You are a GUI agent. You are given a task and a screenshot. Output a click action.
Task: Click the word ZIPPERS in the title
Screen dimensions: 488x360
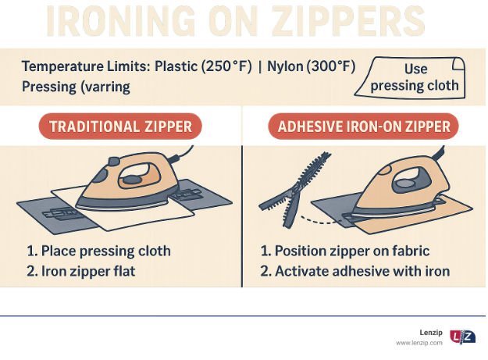click(x=348, y=20)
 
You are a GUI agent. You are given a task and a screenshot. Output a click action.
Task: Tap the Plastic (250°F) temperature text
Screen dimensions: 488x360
click(x=203, y=66)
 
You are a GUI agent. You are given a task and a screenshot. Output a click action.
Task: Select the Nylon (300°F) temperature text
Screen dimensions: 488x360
click(x=312, y=66)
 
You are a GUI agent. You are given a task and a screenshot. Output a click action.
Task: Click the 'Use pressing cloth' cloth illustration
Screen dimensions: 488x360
click(x=410, y=78)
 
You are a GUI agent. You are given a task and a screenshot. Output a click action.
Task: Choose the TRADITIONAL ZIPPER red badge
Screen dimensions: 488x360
click(x=120, y=127)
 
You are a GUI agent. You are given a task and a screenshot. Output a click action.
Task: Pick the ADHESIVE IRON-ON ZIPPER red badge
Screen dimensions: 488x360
click(x=363, y=127)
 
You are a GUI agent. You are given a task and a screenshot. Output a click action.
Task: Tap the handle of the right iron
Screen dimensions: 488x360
click(x=411, y=180)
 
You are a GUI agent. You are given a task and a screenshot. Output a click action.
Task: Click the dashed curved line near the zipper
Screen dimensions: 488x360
click(x=321, y=222)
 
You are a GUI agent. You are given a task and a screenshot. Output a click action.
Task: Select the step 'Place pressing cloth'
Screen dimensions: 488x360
click(x=98, y=251)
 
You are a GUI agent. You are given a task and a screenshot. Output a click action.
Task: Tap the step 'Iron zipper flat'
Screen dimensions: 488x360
click(x=81, y=271)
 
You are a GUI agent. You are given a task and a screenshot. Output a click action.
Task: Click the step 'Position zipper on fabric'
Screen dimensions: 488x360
click(x=345, y=251)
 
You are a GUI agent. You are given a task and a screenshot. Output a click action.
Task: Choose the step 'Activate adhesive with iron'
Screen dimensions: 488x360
click(x=355, y=271)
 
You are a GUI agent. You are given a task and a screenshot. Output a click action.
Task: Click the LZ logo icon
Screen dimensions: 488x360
click(x=462, y=337)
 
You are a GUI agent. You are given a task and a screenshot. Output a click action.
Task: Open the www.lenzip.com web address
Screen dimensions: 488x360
click(x=419, y=343)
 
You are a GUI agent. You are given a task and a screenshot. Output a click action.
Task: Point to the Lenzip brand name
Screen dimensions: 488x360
click(x=431, y=333)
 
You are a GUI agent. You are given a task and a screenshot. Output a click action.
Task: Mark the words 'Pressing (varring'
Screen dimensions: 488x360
click(x=76, y=87)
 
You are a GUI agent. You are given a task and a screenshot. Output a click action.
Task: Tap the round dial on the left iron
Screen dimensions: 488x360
click(x=132, y=180)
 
